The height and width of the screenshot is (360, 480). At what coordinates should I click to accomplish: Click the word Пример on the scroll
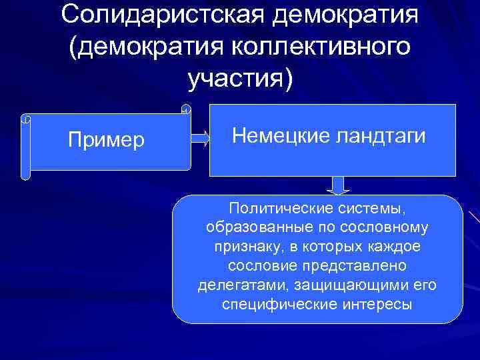107,141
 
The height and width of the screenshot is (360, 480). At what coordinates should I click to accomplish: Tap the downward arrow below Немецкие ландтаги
339,185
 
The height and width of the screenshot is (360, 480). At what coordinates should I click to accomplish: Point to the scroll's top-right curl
186,109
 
